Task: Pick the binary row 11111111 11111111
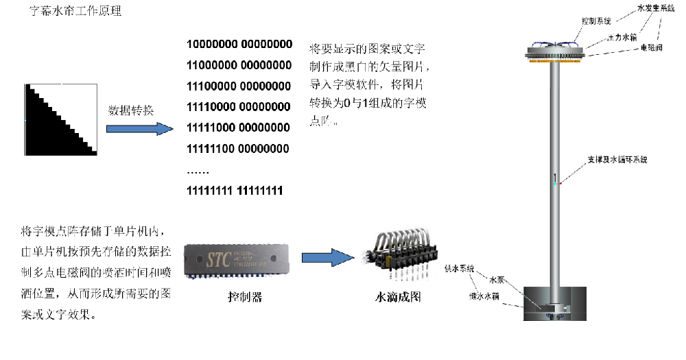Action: (235, 190)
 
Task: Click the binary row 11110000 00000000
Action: (239, 107)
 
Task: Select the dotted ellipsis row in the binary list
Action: (199, 170)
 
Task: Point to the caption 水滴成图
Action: (398, 298)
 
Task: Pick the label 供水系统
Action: (460, 269)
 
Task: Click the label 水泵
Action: (497, 280)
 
